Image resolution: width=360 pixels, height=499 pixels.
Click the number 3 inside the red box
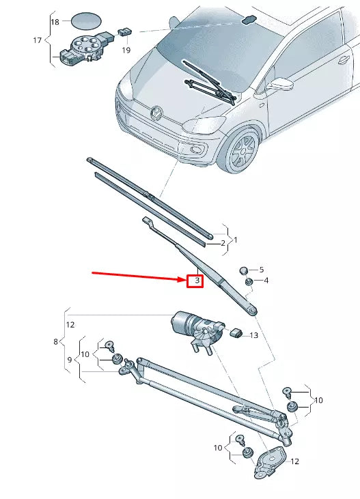tap(195, 281)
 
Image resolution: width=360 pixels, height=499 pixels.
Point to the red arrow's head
tap(182, 279)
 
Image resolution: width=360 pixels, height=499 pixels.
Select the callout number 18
tap(55, 23)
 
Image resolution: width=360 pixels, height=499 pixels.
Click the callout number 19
tap(126, 51)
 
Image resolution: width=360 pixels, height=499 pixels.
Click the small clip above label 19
tap(125, 31)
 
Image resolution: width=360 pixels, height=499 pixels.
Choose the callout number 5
tap(260, 270)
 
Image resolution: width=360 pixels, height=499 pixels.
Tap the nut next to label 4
tap(249, 281)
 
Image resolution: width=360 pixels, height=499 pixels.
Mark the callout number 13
tap(253, 335)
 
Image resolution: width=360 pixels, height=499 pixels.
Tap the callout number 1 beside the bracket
tap(236, 240)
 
